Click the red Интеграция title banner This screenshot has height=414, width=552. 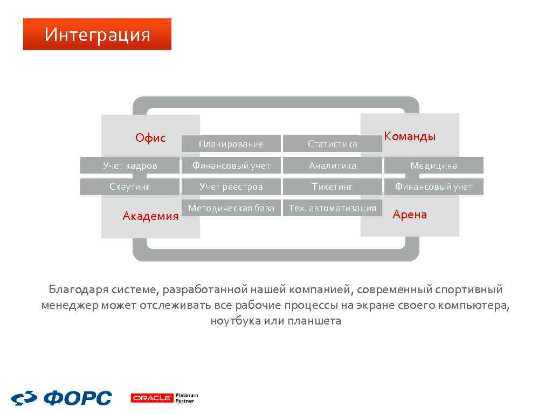(97, 34)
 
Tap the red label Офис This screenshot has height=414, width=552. (150, 138)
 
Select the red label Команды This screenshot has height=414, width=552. (410, 136)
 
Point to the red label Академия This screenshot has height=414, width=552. (150, 216)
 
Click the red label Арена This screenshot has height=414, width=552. (410, 215)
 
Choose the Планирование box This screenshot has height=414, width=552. (231, 144)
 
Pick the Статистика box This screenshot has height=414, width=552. (332, 144)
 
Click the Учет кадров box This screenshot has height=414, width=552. (130, 165)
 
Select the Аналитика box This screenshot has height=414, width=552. (332, 165)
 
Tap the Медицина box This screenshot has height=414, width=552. (433, 165)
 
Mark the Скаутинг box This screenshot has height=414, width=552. (130, 187)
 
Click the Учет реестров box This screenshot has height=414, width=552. (231, 187)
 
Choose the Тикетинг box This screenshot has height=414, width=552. (332, 187)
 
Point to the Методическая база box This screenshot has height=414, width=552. (231, 208)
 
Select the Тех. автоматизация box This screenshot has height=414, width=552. (332, 208)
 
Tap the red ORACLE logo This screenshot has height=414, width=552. (151, 398)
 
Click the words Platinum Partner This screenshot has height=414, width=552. (187, 398)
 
